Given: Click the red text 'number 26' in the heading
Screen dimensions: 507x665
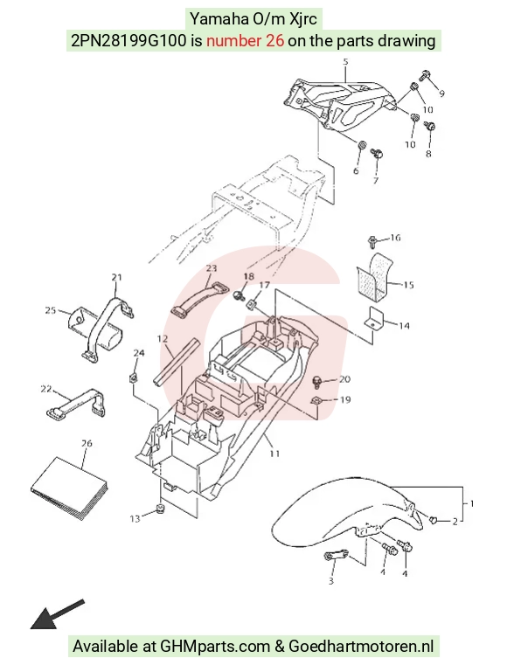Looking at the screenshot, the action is (246, 41).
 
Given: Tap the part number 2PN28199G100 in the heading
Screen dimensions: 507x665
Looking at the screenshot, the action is (128, 41).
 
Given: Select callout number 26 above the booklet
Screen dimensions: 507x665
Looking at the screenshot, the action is (87, 444).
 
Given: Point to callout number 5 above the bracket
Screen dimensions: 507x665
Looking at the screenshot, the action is (345, 62).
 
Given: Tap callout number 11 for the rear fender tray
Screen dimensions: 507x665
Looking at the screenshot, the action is (275, 454).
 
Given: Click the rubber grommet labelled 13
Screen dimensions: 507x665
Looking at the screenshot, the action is (160, 508).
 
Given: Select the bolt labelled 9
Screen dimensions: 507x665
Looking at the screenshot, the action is (426, 76).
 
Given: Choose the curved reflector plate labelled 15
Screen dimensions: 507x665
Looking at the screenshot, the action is (372, 274).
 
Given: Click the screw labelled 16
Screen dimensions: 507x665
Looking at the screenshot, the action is (372, 242).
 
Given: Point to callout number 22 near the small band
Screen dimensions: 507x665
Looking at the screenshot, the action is (45, 389).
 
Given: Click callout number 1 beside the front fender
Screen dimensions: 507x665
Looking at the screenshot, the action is (471, 503).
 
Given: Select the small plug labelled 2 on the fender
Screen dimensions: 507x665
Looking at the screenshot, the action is (434, 519).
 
